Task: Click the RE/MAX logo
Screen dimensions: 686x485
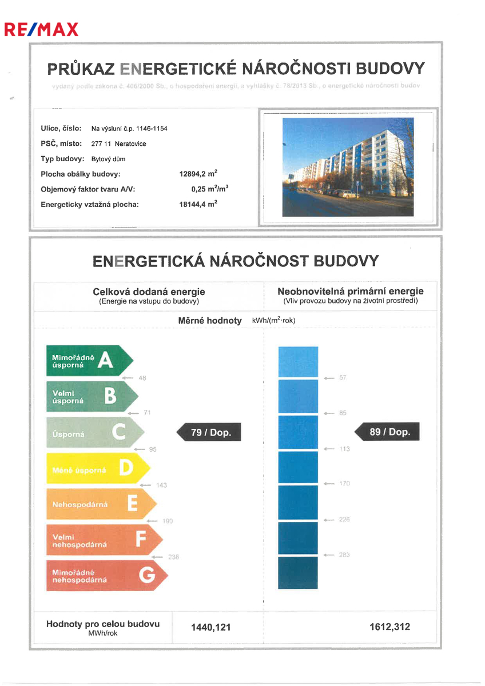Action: [41, 29]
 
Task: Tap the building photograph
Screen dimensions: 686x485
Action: [348, 167]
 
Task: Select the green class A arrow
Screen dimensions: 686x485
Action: [89, 360]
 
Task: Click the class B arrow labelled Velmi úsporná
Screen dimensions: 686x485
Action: [92, 396]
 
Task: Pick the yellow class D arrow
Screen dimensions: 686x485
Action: [97, 469]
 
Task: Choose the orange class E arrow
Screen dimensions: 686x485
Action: [100, 504]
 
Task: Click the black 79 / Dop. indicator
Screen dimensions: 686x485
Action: [210, 432]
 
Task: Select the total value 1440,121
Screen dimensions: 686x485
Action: [210, 627]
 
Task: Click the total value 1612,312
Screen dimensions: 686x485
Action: [389, 627]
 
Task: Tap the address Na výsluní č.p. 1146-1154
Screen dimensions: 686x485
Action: [129, 129]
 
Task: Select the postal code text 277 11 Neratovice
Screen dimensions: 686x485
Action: [119, 143]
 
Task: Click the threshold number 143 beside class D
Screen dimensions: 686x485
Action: [161, 485]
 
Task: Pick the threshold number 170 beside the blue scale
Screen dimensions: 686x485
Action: [344, 484]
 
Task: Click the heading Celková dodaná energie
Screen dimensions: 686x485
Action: [149, 292]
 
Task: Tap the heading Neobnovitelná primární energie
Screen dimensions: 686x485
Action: [351, 292]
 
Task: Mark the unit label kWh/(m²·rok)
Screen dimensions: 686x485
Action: [273, 320]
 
